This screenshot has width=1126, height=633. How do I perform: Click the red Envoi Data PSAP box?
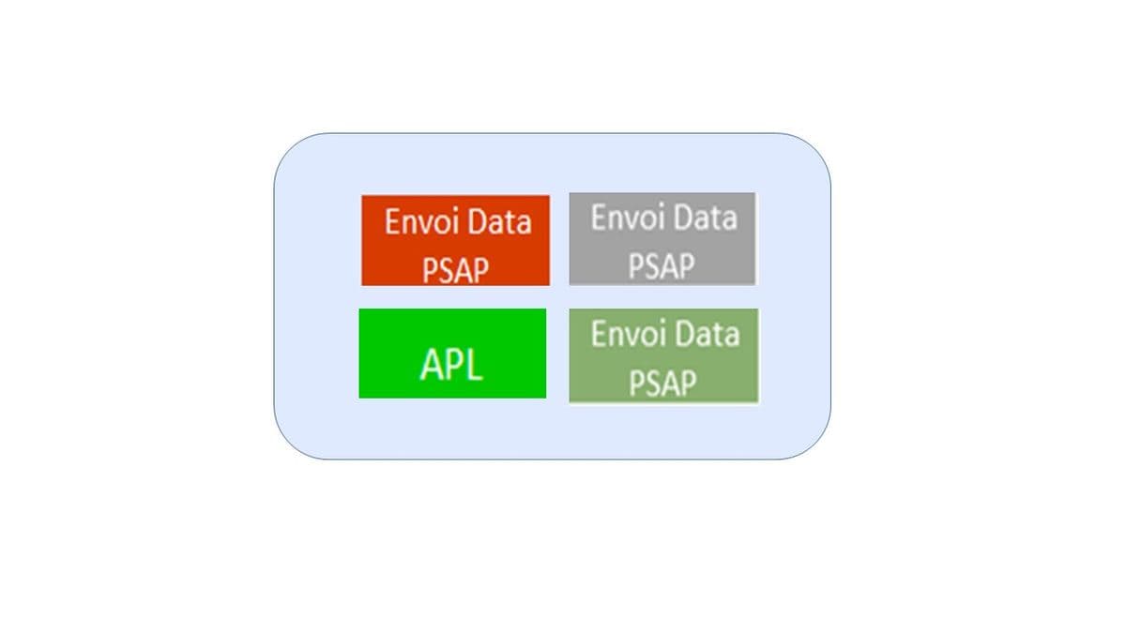[x=455, y=241]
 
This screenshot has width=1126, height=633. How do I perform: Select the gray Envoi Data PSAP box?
[x=662, y=238]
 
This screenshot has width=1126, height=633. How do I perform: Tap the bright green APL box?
[x=452, y=354]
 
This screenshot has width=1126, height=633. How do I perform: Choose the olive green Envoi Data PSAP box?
[x=663, y=355]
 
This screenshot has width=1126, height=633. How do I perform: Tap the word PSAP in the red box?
[x=455, y=270]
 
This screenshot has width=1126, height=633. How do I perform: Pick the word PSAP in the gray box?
[x=662, y=265]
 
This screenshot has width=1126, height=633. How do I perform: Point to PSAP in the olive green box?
[x=663, y=383]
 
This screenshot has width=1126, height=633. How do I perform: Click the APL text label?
[x=451, y=364]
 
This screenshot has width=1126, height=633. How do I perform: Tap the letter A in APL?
[x=431, y=364]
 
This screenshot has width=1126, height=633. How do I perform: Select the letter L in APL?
[x=474, y=364]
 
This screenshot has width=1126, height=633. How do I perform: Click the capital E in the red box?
[x=392, y=221]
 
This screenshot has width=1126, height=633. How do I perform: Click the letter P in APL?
[x=453, y=364]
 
